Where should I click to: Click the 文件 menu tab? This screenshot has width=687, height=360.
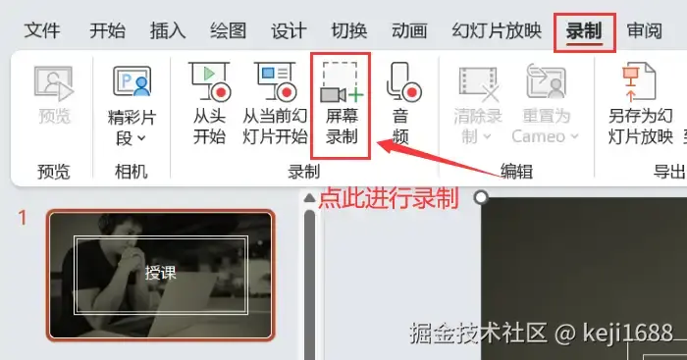click(x=42, y=31)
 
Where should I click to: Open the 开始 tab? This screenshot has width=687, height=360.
click(x=107, y=31)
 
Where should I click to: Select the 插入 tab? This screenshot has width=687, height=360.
click(x=168, y=31)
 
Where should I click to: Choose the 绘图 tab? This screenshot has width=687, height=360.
click(x=228, y=31)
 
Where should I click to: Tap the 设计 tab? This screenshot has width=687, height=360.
click(x=289, y=31)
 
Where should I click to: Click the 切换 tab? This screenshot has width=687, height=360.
click(x=349, y=31)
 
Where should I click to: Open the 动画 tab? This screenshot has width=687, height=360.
click(x=409, y=31)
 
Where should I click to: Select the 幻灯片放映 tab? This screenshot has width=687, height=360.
click(x=497, y=31)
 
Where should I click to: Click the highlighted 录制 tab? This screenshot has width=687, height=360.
click(x=585, y=32)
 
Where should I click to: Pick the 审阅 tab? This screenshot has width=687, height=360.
click(x=645, y=31)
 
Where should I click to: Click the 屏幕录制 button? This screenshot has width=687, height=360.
click(x=342, y=104)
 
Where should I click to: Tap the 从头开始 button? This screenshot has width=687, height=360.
click(x=209, y=104)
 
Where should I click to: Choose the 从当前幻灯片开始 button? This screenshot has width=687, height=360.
click(x=275, y=104)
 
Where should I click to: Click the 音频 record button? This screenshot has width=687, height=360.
click(x=402, y=104)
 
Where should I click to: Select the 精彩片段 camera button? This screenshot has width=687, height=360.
click(x=132, y=106)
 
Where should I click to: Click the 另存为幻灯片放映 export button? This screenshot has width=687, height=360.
click(x=640, y=104)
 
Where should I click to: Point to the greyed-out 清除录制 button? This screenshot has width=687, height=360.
click(x=478, y=104)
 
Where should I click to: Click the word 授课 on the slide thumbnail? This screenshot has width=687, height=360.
click(x=161, y=273)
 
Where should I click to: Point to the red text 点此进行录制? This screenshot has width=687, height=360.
click(x=389, y=198)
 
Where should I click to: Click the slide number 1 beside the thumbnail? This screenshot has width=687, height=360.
click(x=23, y=218)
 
